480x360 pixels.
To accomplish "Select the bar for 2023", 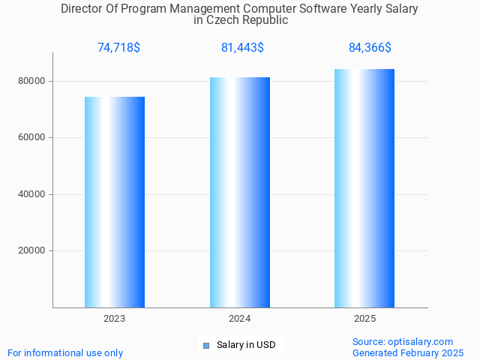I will point(115,202).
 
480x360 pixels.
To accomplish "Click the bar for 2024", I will point(240,192).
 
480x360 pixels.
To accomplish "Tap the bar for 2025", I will point(364,187).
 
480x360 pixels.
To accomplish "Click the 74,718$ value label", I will point(118,48).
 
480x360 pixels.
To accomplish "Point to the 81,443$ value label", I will point(242,48).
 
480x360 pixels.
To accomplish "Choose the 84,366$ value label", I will point(370,48).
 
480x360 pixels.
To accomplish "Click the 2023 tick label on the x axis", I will point(115,319).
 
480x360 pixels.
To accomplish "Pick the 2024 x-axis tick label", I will point(240,319).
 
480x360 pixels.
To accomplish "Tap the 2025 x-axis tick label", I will point(364,319).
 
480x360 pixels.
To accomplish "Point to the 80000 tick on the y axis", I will point(32,81).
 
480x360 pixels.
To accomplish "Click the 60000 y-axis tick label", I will point(32,138).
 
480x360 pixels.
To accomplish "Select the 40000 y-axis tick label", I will point(32,194).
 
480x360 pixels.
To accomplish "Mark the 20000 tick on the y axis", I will point(32,251).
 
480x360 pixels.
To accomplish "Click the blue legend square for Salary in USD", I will point(205,345).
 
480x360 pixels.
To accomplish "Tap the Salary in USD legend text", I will point(246,345).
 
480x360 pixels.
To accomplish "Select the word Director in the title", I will point(82,9).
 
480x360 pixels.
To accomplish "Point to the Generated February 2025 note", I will point(408,352).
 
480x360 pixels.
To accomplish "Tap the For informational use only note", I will point(65,352).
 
